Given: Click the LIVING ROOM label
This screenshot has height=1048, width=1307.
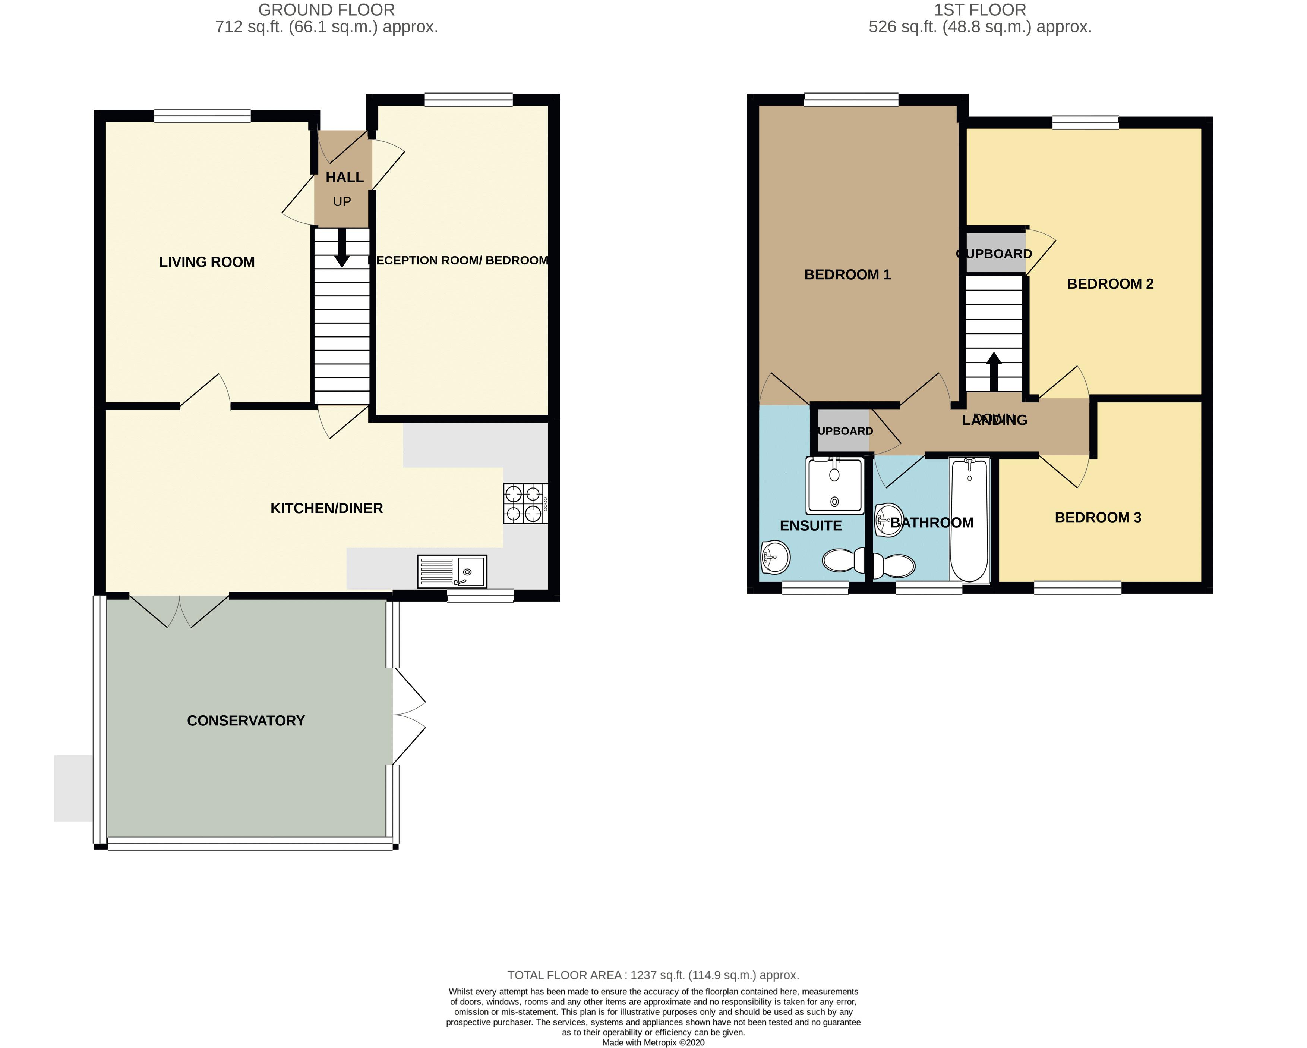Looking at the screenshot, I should [207, 262].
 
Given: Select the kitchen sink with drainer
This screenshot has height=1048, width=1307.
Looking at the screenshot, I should [452, 571].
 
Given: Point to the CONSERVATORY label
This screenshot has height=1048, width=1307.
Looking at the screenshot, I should [246, 721].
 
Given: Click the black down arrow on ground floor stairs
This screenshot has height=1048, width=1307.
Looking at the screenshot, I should [342, 249].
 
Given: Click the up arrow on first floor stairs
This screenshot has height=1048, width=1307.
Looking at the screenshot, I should [994, 371].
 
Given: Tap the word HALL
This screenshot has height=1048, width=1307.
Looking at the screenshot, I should [344, 177].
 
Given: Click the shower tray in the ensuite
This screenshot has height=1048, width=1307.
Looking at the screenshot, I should [834, 485].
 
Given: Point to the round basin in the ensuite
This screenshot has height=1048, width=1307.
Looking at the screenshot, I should [775, 556].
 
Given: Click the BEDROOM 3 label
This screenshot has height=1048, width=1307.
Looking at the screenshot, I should [1098, 517].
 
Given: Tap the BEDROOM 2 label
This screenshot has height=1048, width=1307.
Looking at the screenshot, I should [1110, 284].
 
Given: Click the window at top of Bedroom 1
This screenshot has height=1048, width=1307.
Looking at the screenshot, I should [851, 100].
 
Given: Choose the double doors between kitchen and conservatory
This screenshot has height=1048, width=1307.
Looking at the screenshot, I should [179, 609].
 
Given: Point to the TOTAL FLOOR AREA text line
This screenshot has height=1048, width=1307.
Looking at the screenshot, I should [653, 975].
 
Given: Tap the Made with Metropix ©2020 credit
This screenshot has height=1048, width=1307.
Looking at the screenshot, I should [653, 1042].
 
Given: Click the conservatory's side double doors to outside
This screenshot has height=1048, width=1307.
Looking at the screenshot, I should [408, 716].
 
